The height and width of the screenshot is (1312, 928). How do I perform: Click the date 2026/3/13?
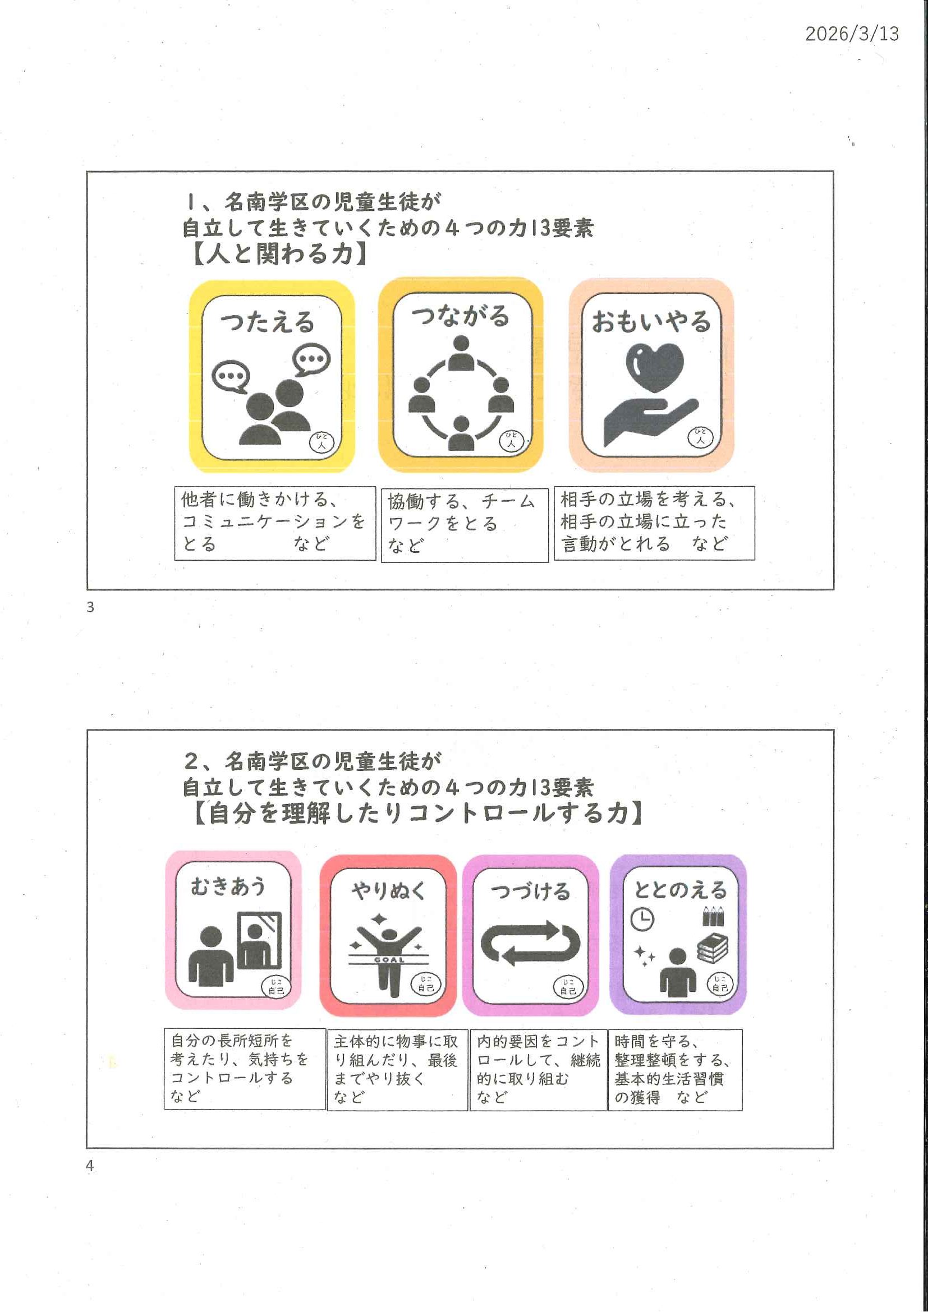[x=852, y=34]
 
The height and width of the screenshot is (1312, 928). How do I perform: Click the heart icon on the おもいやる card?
[x=655, y=367]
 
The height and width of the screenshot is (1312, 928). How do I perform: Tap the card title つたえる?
[x=268, y=322]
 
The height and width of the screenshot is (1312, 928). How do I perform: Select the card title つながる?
[x=460, y=316]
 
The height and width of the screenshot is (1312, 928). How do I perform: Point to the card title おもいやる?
[x=651, y=321]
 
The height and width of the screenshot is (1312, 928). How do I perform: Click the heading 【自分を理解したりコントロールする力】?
[x=417, y=812]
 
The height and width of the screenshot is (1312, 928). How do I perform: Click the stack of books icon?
[x=713, y=948]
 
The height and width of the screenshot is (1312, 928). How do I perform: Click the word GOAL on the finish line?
[x=389, y=960]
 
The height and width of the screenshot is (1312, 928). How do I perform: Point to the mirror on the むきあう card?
[x=259, y=940]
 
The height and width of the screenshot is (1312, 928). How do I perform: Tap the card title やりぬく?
[x=389, y=891]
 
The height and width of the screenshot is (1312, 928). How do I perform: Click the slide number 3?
[x=90, y=607]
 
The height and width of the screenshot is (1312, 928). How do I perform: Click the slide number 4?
[x=90, y=1165]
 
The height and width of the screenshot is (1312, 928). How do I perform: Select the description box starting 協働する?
[x=465, y=525]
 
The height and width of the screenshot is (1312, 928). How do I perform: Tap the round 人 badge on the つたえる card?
[x=322, y=442]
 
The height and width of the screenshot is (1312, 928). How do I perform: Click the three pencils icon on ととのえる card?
[x=713, y=916]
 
